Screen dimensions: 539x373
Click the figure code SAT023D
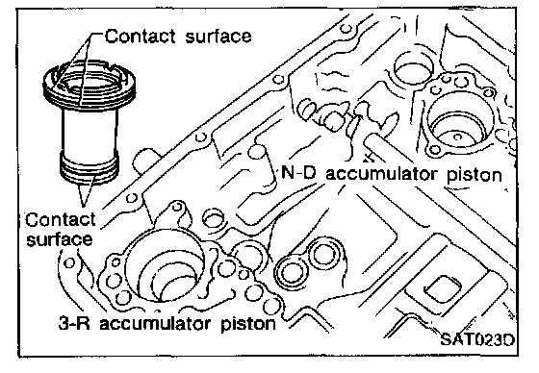coord(477,339)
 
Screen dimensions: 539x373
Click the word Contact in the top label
coord(141,37)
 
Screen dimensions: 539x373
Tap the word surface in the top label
coord(218,36)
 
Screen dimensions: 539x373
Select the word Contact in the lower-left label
coord(61,220)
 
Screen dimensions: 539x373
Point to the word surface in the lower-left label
coord(60,239)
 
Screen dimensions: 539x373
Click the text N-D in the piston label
coord(298,172)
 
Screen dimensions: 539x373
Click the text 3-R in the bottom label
coord(74,324)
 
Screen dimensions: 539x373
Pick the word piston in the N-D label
coord(475,174)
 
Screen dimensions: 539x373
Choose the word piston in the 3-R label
coord(248,324)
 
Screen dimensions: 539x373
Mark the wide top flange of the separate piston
coord(90,86)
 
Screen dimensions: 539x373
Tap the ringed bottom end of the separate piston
coord(90,167)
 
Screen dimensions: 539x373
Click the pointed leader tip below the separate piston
coord(83,206)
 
